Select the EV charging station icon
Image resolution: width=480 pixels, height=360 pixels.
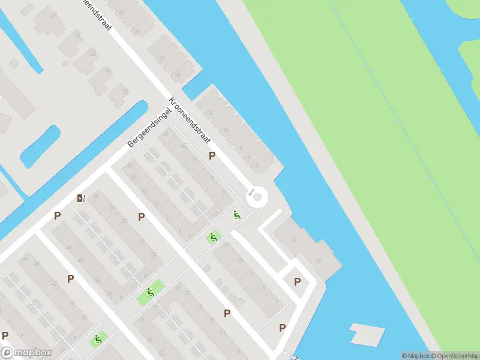tap(81, 198)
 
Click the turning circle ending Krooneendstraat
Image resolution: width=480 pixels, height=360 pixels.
tap(258, 197)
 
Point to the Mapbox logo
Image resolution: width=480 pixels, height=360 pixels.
tap(26, 353)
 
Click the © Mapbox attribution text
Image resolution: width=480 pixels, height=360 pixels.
tap(414, 356)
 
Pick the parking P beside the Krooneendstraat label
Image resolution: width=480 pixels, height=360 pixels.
tap(211, 156)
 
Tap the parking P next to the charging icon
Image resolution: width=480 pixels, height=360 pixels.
tap(57, 215)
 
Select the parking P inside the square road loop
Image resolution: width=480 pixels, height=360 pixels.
tap(297, 281)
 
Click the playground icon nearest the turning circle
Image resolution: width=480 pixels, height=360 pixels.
tap(238, 215)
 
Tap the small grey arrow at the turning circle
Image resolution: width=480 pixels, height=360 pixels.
tap(251, 193)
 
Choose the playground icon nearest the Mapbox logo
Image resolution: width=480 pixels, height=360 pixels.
tap(97, 340)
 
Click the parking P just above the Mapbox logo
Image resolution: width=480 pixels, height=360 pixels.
tap(5, 335)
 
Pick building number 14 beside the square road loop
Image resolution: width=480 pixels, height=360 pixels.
tap(293, 240)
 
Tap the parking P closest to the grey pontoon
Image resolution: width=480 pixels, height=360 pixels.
tap(282, 328)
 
